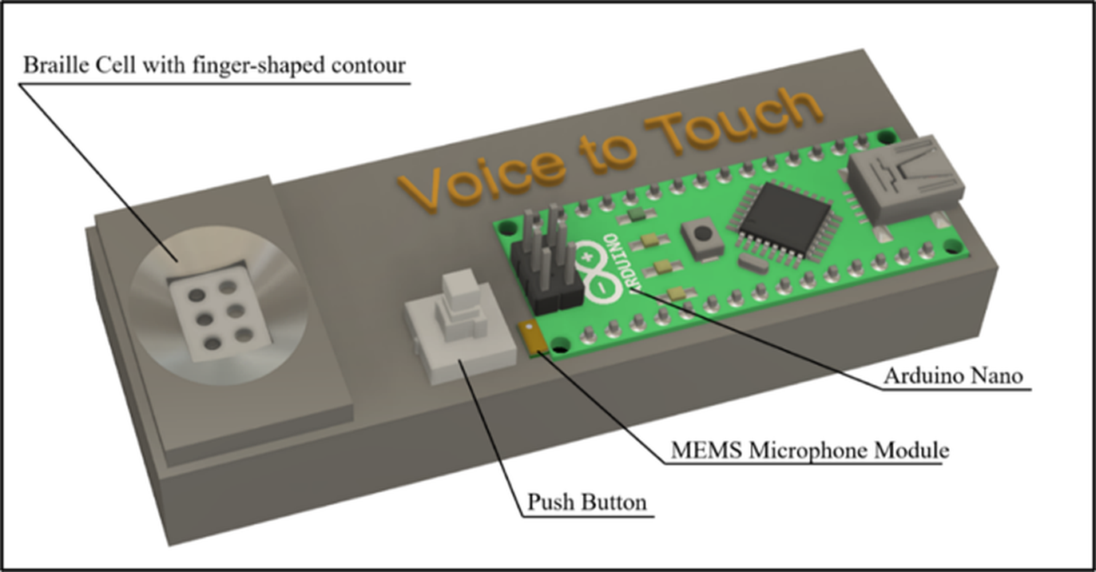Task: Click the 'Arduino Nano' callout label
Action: coord(954,375)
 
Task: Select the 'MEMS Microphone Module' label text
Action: coord(810,450)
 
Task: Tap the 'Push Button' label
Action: coord(586,502)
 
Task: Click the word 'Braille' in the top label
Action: coord(55,65)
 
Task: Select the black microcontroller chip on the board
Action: coord(784,218)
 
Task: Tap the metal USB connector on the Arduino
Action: coord(905,179)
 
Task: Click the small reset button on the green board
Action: coord(701,238)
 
